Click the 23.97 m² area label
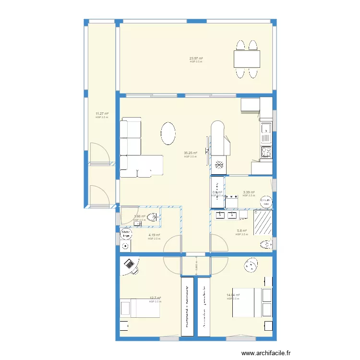[196, 59]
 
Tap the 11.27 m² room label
[102, 114]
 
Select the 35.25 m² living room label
[191, 154]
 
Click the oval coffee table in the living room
[168, 133]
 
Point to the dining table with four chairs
[247, 59]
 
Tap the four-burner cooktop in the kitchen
[266, 153]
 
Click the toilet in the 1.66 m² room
[153, 217]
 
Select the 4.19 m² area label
[154, 235]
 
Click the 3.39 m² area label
[249, 192]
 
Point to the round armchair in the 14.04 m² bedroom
[251, 264]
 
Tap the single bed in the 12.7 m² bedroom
[140, 307]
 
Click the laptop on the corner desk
[129, 264]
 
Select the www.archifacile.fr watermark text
[266, 353]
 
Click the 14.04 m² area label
[233, 295]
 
